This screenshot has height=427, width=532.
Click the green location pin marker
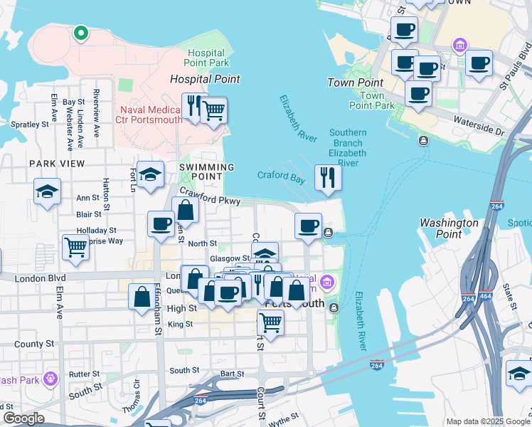[x=81, y=32]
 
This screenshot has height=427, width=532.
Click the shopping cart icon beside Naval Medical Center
[x=213, y=110]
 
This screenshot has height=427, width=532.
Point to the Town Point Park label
[x=371, y=100]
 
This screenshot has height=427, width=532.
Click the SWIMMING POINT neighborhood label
[x=206, y=167]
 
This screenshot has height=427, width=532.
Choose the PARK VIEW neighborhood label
[x=57, y=164]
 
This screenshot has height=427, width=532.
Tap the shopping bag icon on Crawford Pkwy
[x=185, y=211]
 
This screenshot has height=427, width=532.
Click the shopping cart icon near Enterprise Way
[x=75, y=248]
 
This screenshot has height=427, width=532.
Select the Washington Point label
[x=449, y=228]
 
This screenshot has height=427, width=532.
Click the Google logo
[x=23, y=418]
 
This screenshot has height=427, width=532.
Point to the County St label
[x=28, y=344]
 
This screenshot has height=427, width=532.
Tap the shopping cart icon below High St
[x=270, y=322]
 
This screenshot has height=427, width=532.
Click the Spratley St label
[x=29, y=124]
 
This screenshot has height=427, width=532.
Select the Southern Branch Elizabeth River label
[x=348, y=148]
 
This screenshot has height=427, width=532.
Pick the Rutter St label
[x=85, y=374]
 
